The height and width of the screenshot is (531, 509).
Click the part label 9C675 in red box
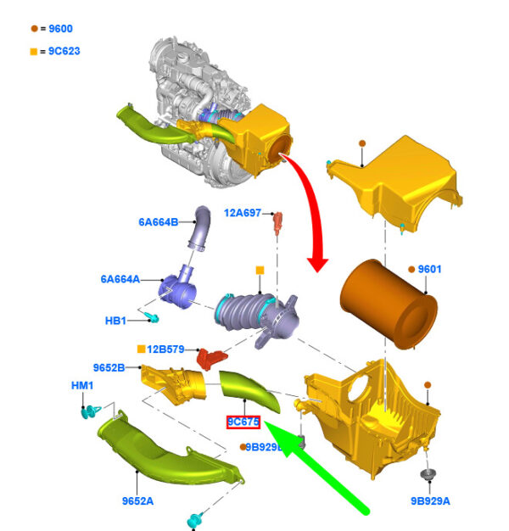(243, 422)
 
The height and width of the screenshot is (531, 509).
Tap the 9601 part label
(429, 270)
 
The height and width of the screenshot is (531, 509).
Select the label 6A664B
(158, 222)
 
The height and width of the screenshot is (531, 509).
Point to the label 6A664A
(120, 278)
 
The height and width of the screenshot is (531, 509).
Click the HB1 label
(115, 321)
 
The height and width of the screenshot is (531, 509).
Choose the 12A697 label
(243, 213)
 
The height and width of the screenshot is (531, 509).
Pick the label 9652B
(109, 367)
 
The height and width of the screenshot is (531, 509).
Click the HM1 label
(81, 386)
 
